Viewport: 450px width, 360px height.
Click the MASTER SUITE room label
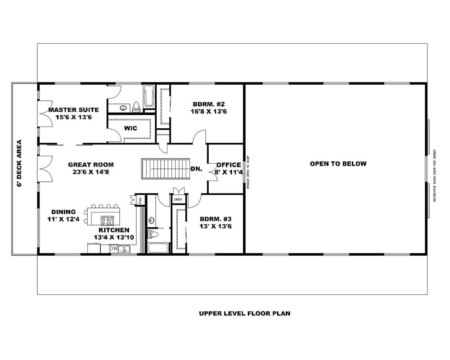pos(73,110)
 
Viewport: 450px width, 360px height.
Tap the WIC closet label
pos(131,128)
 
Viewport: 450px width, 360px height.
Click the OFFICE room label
pos(229,165)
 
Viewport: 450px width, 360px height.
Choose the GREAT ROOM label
pos(91,165)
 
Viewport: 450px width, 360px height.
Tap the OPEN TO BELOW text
pos(338,164)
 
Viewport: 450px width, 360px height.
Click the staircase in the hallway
pos(166,168)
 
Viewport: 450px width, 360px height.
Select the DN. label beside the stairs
pos(196,169)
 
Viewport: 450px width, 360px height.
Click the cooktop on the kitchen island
pos(108,220)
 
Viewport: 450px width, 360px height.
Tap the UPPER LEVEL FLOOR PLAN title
pos(244,313)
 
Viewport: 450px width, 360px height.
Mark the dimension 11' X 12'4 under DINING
pos(63,219)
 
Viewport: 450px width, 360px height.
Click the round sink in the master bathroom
pos(123,108)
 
